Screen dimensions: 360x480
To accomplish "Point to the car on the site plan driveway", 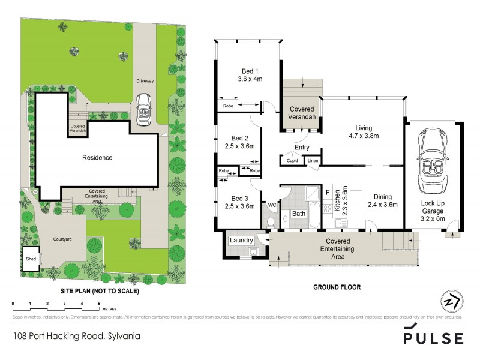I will pyautogui.click(x=143, y=109).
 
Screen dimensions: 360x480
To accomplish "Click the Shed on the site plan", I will pyautogui.click(x=31, y=259).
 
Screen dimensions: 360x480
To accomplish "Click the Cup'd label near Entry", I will pyautogui.click(x=292, y=160).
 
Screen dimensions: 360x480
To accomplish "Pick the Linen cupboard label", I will pyautogui.click(x=313, y=160).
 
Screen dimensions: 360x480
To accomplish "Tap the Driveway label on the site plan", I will pyautogui.click(x=144, y=63).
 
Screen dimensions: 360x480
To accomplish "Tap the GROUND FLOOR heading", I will pyautogui.click(x=337, y=287).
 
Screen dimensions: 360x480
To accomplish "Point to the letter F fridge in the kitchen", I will pyautogui.click(x=327, y=192).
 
